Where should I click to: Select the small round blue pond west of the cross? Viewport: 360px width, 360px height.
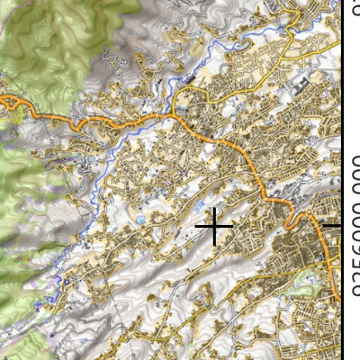(x=140, y=219)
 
